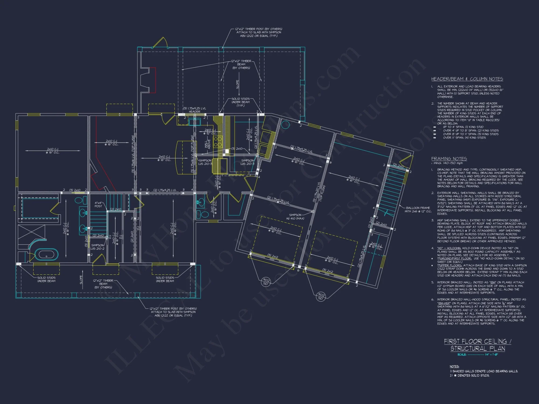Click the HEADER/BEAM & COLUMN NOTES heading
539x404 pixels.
467,79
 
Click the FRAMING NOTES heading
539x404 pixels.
449,159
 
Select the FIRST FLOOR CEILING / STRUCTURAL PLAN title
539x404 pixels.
478,345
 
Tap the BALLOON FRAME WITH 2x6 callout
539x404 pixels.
418,210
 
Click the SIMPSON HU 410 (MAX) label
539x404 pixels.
295,217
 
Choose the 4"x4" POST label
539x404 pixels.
98,204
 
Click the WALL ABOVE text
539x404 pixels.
208,144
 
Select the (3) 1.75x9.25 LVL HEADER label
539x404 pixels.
194,110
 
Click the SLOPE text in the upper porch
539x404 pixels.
237,84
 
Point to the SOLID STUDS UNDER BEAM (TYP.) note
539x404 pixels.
240,102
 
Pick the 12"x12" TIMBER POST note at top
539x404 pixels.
258,32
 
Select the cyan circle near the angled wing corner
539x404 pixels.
285,124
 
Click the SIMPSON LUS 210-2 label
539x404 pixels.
97,247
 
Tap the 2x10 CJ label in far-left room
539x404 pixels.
53,151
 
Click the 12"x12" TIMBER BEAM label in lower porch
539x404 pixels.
103,284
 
